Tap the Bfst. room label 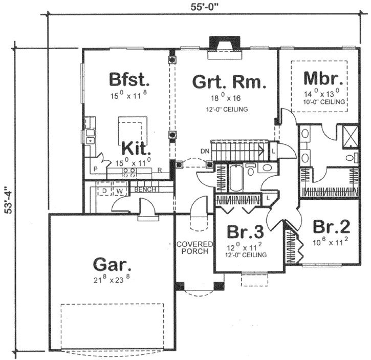point(129,80)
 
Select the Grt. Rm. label point(229,81)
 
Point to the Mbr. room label point(322,79)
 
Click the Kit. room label point(136,150)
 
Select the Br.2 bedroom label point(328,227)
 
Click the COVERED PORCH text point(192,248)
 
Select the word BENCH point(145,189)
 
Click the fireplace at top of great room point(223,46)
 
